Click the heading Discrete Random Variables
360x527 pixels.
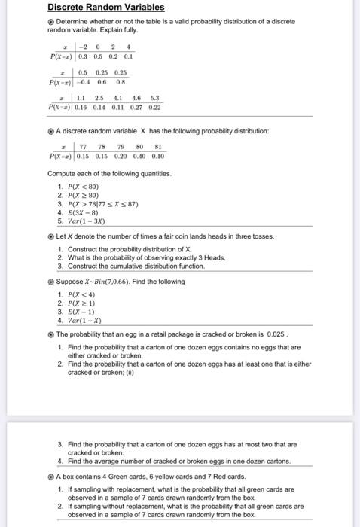point(105,8)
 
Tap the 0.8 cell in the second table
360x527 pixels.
point(120,83)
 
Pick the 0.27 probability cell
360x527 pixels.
point(138,109)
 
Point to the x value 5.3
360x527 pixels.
point(155,99)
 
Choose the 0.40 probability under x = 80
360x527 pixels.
point(139,157)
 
